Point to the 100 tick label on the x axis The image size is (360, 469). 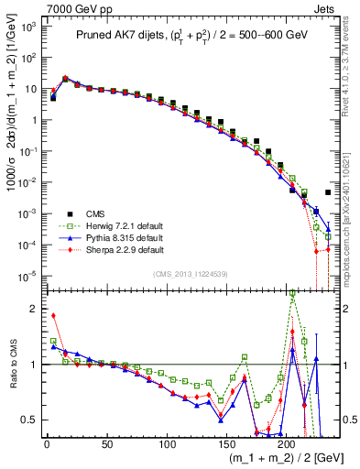(x=167, y=444)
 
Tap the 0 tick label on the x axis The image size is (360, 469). (x=47, y=444)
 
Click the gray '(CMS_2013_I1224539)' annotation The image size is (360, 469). (x=191, y=273)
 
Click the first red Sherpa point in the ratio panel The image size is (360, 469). (x=53, y=316)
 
